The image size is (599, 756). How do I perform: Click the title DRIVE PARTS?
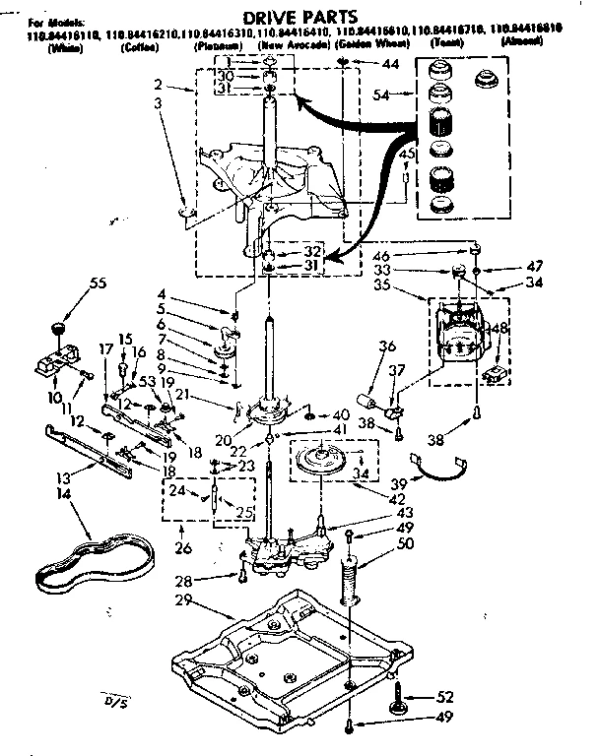295,18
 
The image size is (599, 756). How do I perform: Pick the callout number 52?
445,695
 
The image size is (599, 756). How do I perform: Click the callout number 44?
392,64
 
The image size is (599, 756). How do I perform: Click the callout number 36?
387,346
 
